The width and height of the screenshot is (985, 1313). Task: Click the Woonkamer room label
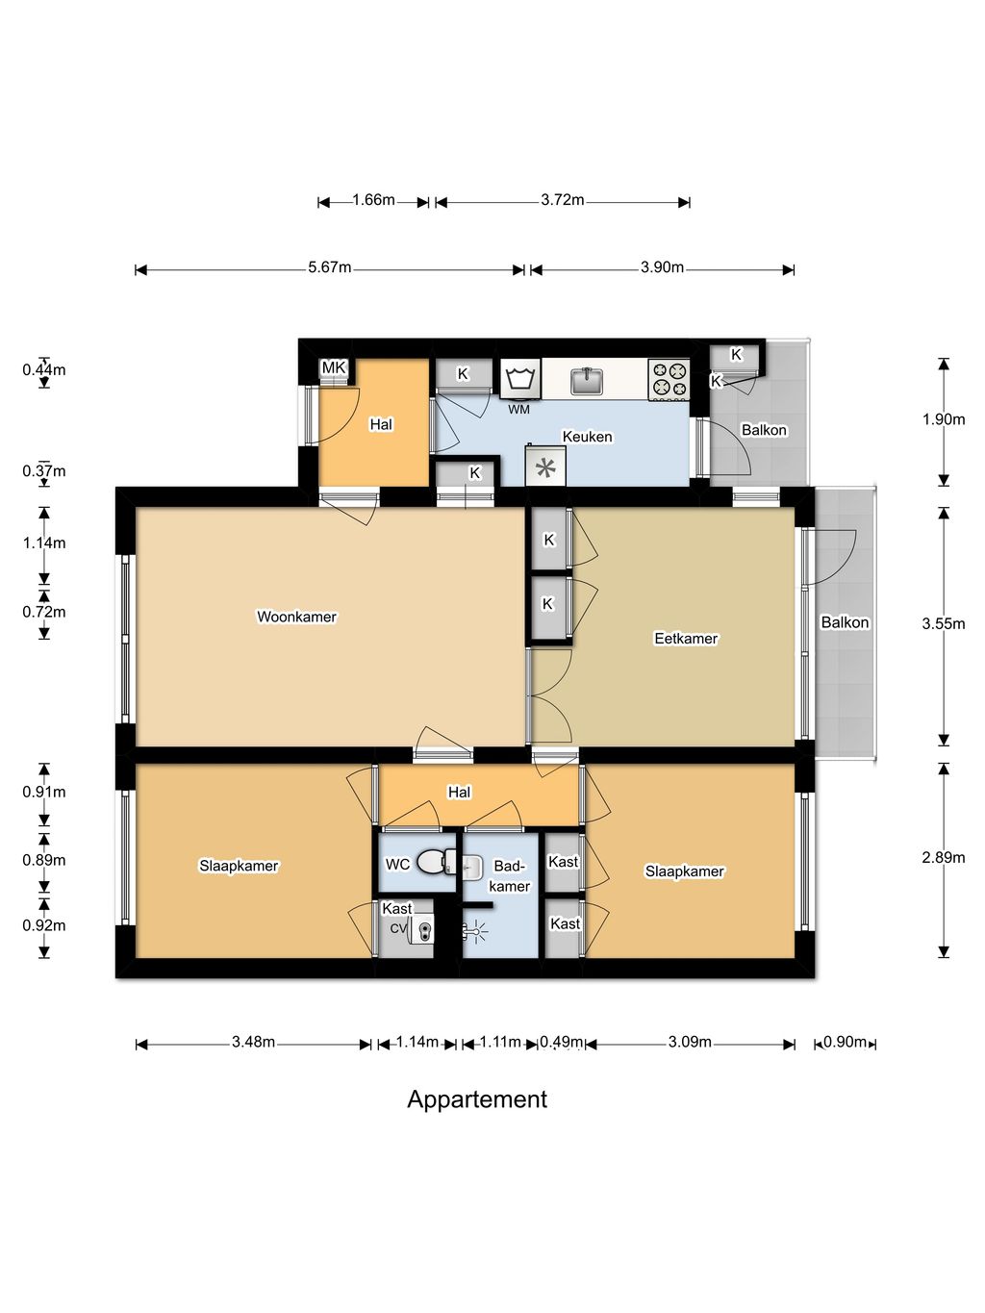[296, 617]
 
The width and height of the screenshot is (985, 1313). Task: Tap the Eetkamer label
[686, 639]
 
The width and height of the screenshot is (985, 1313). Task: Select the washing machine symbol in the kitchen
[519, 379]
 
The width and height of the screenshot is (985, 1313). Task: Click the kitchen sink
[587, 381]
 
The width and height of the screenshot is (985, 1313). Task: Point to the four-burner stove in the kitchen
[669, 380]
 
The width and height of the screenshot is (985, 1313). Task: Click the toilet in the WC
[435, 862]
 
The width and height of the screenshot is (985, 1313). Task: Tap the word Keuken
[587, 437]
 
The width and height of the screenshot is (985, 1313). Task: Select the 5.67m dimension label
[330, 267]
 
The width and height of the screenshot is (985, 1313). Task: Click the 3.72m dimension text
[562, 200]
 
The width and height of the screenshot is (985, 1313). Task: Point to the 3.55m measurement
[943, 624]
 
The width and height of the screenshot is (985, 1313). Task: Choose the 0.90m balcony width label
[845, 1042]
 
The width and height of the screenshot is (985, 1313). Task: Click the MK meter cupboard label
[333, 367]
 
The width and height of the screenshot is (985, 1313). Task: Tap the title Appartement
[477, 1099]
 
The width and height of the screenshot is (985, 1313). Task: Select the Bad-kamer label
[509, 875]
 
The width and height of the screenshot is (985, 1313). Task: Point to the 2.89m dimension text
[943, 857]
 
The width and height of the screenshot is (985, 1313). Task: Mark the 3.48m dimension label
[254, 1042]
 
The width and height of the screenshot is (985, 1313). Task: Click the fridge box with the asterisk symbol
[545, 466]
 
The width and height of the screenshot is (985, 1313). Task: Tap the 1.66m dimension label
[373, 200]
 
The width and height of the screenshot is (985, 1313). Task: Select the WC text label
[397, 864]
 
